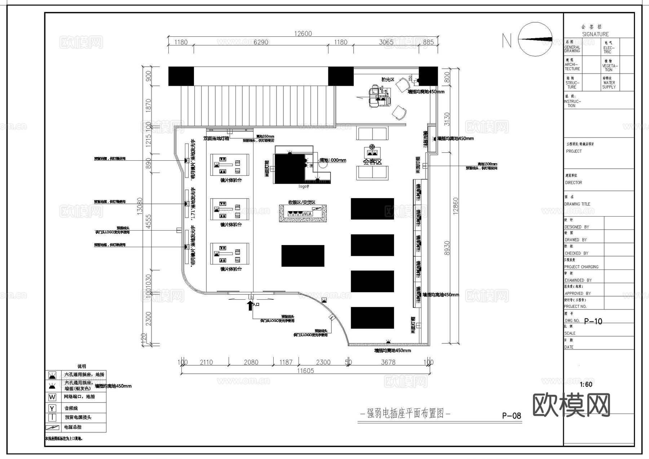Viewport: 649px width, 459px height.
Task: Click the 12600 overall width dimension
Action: (x=303, y=34)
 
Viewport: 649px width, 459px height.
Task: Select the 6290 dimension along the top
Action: (x=261, y=42)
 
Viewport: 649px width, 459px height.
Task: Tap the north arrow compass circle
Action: (x=535, y=39)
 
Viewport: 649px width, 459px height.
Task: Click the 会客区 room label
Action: (x=372, y=162)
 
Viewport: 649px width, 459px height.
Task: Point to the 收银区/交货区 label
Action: (x=302, y=202)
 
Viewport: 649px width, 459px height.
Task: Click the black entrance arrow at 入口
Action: (x=250, y=306)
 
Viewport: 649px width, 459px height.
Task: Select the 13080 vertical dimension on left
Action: (x=140, y=206)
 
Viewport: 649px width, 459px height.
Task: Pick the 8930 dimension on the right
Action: (x=447, y=248)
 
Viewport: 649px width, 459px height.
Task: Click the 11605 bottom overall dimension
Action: (x=305, y=371)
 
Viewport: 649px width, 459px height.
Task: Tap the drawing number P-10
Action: (x=593, y=321)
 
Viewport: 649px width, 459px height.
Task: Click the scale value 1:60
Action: (x=586, y=384)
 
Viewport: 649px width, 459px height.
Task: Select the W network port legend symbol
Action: (x=52, y=397)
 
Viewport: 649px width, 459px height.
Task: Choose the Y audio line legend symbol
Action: (x=52, y=408)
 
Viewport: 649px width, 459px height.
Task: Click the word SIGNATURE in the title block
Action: (x=595, y=34)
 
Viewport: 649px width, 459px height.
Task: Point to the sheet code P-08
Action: (x=511, y=416)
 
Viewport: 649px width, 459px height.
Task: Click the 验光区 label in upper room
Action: (x=388, y=79)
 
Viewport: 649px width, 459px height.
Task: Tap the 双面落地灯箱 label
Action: (x=216, y=138)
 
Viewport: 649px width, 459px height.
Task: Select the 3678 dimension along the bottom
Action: (x=388, y=362)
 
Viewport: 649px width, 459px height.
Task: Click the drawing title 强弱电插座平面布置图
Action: (x=405, y=413)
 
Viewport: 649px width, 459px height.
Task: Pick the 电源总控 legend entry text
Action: (x=73, y=427)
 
